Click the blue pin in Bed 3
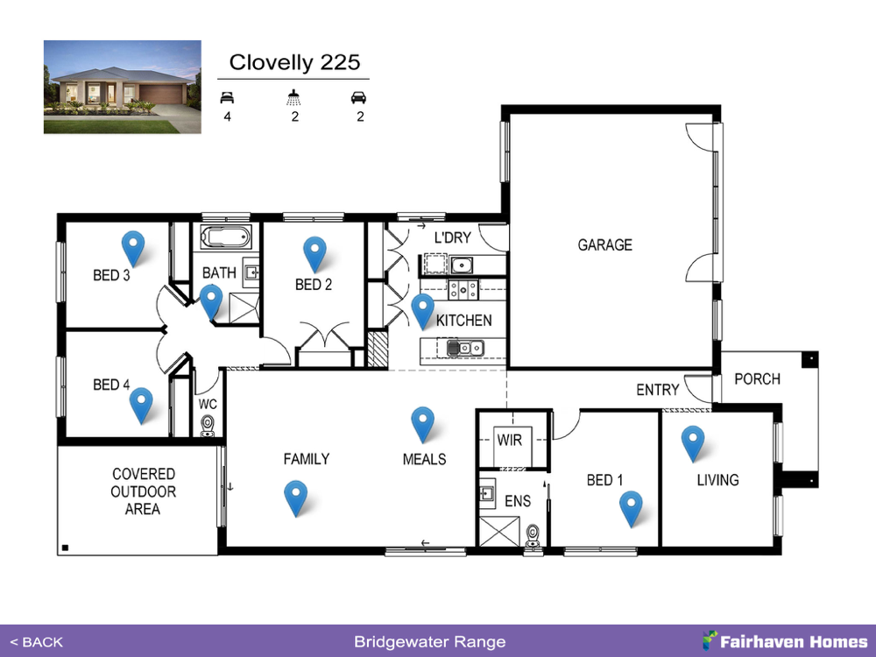133,248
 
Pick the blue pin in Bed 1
631,508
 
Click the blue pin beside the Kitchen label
422,311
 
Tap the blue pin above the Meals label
422,424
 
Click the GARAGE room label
605,244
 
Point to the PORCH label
757,378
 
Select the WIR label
510,440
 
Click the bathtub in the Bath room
226,237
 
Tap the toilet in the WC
208,426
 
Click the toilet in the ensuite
533,536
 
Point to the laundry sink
462,265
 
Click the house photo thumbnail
123,87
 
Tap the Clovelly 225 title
294,62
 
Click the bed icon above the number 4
227,98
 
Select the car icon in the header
358,97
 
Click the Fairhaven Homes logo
785,641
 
